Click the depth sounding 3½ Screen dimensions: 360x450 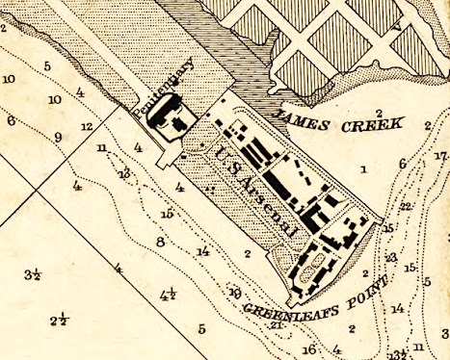(32, 275)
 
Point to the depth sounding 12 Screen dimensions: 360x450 (87, 126)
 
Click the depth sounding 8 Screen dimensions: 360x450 (161, 242)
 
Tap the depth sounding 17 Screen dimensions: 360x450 (440, 156)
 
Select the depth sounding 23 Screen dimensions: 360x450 (391, 257)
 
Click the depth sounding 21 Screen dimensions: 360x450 (277, 324)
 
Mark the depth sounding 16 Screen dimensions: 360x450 (308, 348)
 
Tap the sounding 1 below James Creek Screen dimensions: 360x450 (363, 169)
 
